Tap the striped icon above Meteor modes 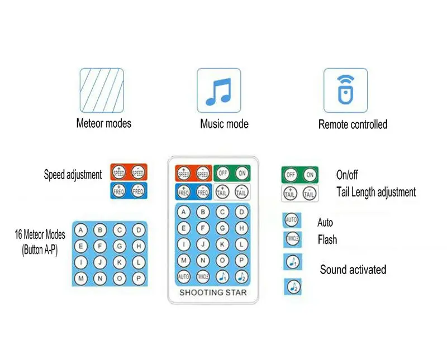pos(101,90)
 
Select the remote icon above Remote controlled pos(346,90)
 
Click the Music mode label pos(224,124)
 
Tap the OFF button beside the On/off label pos(291,175)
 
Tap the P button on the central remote pos(241,260)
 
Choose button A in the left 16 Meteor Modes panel pos(82,230)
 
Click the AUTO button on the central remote pos(184,276)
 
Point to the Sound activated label pos(353,270)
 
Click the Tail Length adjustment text pos(376,192)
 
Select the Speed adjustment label pos(73,175)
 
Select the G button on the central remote pos(222,228)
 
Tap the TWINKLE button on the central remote pos(203,276)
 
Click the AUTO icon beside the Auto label pos(292,220)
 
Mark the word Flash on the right pos(327,240)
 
